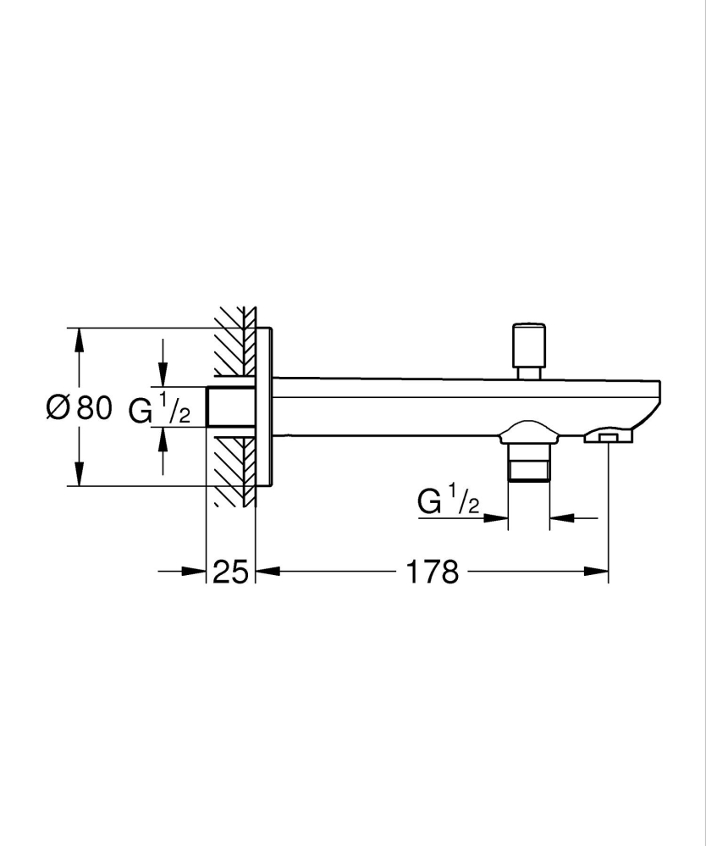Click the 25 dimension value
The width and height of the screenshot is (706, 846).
click(230, 572)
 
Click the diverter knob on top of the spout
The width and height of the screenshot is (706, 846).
click(528, 342)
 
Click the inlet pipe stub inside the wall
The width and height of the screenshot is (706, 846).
click(230, 407)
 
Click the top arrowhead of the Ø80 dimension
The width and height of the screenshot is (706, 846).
click(79, 339)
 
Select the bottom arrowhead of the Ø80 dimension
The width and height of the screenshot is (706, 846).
click(79, 475)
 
